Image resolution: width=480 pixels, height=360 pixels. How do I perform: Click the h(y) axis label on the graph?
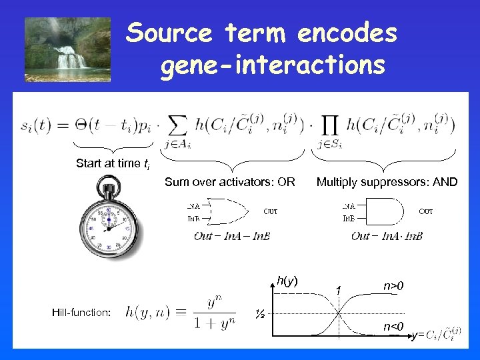coord(287,282)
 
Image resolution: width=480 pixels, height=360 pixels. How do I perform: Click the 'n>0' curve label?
coord(393,287)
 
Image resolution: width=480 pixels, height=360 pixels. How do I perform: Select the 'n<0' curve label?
coord(393,326)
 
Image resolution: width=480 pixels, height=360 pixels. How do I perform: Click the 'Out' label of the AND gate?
coord(425,211)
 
